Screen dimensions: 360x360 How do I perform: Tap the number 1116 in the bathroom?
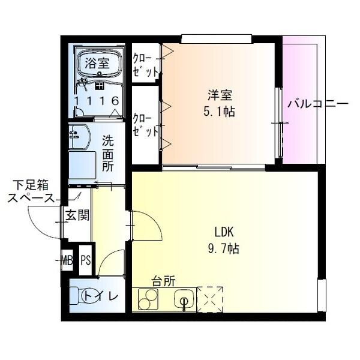pos(97,101)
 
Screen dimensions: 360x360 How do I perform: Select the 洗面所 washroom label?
pos(107,154)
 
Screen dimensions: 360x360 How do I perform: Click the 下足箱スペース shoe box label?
pos(31,191)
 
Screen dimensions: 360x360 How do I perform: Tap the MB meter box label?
pos(67,260)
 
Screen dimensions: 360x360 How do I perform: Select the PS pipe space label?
pos(86,260)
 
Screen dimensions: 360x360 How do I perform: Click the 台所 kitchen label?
pos(163,280)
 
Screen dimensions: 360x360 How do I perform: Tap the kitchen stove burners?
pos(148,298)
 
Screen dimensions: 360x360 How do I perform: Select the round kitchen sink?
pos(184,298)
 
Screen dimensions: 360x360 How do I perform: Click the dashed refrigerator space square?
pos(210,298)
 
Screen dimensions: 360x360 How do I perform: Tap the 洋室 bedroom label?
pos(220,95)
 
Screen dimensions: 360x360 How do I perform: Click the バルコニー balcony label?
pos(317,103)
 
